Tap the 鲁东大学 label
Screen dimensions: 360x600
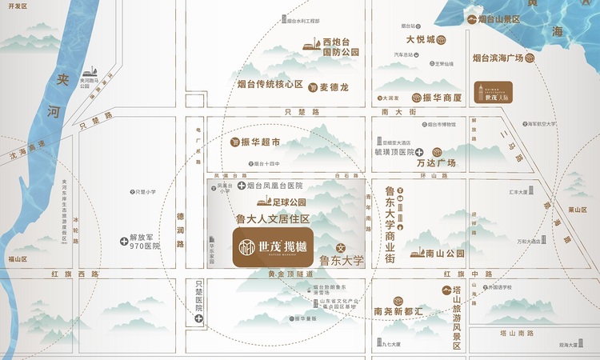tap(342, 260)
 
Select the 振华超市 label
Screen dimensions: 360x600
tap(260, 142)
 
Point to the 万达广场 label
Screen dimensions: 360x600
tap(436, 163)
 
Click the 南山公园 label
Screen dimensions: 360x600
tap(445, 254)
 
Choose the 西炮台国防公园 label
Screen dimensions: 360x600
tap(340, 46)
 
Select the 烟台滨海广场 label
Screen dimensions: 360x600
tap(498, 58)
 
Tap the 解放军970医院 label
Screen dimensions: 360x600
tap(144, 242)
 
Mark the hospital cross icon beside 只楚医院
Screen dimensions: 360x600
tap(198, 318)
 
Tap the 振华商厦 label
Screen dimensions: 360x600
tap(443, 98)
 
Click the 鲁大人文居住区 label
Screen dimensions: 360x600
tap(272, 218)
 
